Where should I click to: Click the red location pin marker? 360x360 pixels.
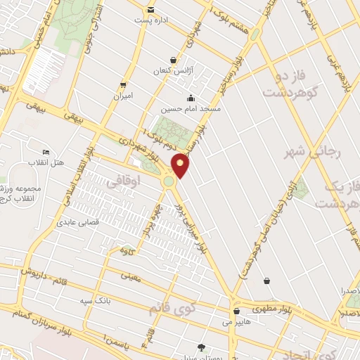point(181,165)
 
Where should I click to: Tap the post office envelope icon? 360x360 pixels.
point(151,10)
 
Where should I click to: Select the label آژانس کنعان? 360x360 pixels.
point(173,72)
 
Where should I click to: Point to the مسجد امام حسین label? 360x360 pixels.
point(191,109)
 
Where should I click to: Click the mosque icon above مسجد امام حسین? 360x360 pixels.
point(191,98)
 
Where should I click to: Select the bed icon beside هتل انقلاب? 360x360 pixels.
point(46,153)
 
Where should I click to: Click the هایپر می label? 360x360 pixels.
point(236,321)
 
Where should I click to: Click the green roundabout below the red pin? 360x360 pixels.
point(169,181)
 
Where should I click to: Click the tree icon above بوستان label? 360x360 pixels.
point(202,347)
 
